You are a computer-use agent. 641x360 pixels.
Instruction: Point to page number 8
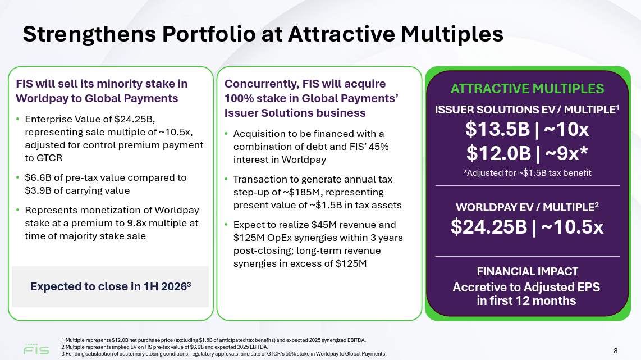(x=615, y=351)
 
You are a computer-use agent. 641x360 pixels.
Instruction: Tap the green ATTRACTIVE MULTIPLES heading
(x=527, y=89)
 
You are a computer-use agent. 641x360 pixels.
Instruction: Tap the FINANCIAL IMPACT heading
(x=527, y=271)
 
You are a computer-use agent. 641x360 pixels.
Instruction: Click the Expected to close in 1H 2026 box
(x=111, y=286)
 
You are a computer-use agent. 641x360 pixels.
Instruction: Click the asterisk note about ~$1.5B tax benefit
(x=527, y=173)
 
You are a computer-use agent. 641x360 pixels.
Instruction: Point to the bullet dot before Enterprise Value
(x=18, y=120)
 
